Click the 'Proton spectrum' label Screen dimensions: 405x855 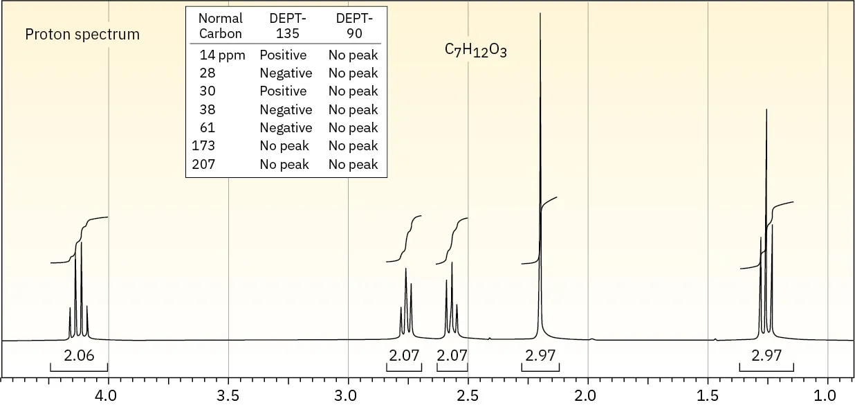tap(82, 35)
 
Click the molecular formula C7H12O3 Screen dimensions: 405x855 tap(475, 51)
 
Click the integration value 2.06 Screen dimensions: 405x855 tap(78, 357)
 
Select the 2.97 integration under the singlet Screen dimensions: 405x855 tap(540, 357)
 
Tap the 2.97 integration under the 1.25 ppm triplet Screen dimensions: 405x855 tap(766, 357)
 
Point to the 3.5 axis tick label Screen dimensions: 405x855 tap(228, 395)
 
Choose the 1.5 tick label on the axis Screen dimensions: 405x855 tap(707, 395)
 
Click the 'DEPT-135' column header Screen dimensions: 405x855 tap(286, 26)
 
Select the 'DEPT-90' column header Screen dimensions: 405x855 tap(353, 26)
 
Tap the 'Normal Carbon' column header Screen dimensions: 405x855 tap(220, 26)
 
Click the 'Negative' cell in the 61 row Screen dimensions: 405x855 tap(286, 127)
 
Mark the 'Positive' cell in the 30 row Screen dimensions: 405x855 tap(283, 91)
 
